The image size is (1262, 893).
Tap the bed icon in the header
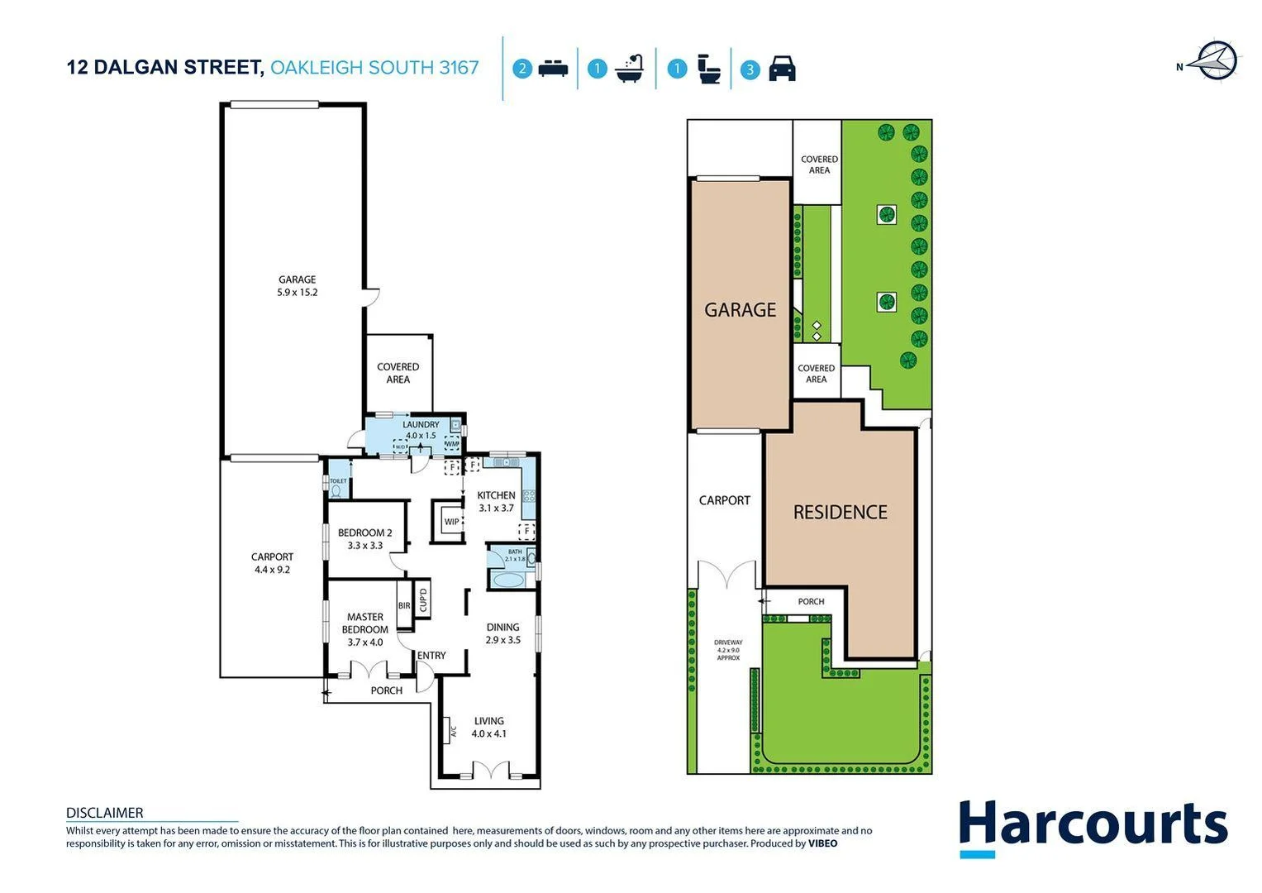pyautogui.click(x=553, y=69)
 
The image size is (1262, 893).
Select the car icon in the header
pyautogui.click(x=782, y=69)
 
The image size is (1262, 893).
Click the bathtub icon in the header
pyautogui.click(x=630, y=69)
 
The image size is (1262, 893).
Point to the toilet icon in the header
pyautogui.click(x=708, y=69)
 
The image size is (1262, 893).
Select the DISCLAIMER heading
pyautogui.click(x=104, y=813)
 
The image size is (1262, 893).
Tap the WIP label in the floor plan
pyautogui.click(x=451, y=522)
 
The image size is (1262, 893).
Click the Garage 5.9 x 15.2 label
pyautogui.click(x=297, y=286)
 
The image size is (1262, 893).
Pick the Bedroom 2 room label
pyautogui.click(x=364, y=539)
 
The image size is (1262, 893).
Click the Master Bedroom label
pyautogui.click(x=364, y=629)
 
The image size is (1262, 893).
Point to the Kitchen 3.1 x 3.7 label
pyautogui.click(x=496, y=502)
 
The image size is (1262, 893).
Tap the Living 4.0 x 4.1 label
pyautogui.click(x=488, y=727)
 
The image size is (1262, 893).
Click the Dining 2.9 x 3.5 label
pyautogui.click(x=502, y=633)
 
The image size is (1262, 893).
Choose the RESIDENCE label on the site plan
pyautogui.click(x=840, y=513)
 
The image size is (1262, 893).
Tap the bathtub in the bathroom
pyautogui.click(x=507, y=580)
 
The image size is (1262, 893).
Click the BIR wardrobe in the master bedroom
pyautogui.click(x=404, y=606)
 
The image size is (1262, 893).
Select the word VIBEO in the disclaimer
pyautogui.click(x=822, y=843)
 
